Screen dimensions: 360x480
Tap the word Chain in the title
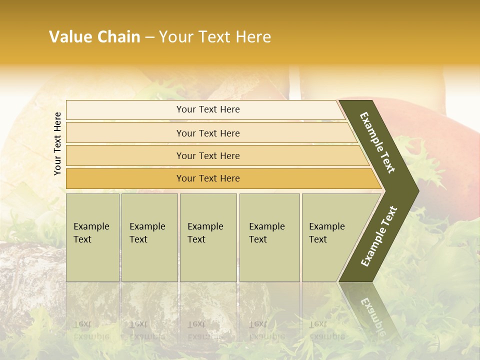point(119,37)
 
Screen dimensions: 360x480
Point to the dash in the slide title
point(150,37)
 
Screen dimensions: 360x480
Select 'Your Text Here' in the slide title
point(215,37)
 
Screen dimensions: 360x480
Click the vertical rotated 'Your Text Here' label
point(58,143)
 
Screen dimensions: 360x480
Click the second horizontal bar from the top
point(207,133)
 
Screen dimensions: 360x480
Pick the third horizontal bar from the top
point(207,155)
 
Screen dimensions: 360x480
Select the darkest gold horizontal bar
point(207,178)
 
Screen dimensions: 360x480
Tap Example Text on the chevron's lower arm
point(378,236)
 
